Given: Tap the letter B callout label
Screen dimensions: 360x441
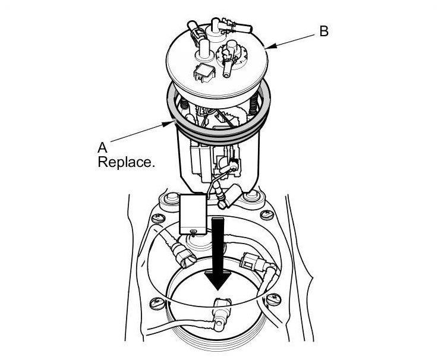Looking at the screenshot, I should pos(324,31).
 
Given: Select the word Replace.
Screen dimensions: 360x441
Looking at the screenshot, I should pos(126,162).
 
